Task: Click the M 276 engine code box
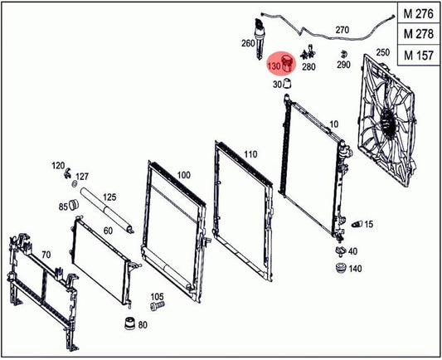pos(419,13)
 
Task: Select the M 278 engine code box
pos(419,34)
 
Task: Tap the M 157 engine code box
pos(419,55)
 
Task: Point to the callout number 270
pos(342,30)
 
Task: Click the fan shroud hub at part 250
pos(388,124)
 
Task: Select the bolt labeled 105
pos(158,305)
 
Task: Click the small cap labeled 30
pos(286,83)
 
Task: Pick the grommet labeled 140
pos(342,268)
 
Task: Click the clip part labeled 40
pos(341,251)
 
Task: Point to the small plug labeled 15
pos(357,224)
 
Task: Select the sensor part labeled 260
pos(259,39)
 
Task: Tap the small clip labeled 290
pos(343,54)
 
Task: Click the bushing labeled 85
pos(74,204)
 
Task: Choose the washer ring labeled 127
pos(75,183)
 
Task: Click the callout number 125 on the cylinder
pos(109,197)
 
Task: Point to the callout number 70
pos(46,255)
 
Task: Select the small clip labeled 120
pos(67,173)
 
